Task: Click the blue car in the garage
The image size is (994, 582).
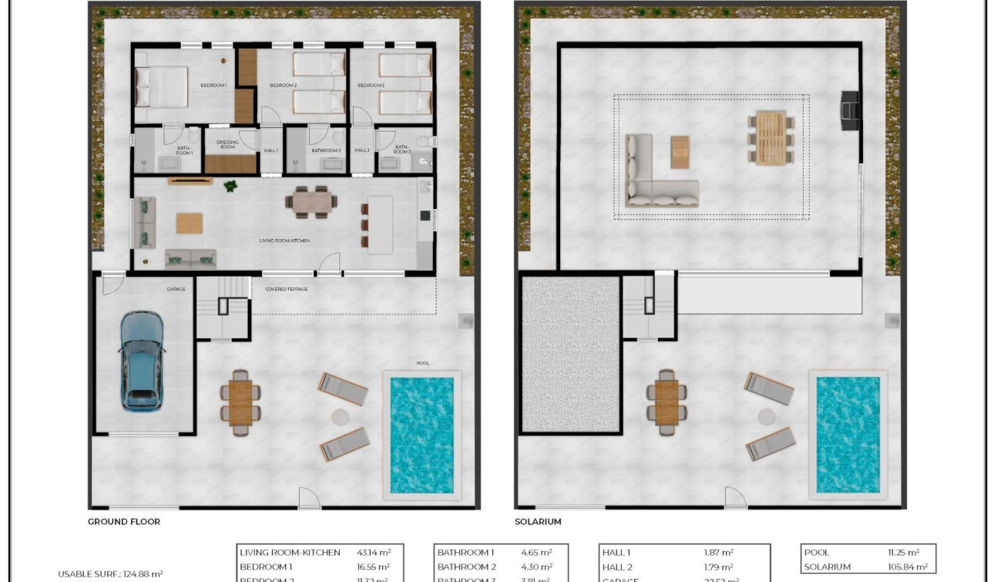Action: [x=142, y=360]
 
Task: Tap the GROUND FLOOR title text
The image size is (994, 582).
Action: [x=124, y=522]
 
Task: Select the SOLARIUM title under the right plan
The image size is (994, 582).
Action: [x=538, y=522]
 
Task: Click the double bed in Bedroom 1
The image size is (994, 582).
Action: [x=162, y=86]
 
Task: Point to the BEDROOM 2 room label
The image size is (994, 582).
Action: [x=283, y=85]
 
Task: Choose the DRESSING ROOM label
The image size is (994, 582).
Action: [x=228, y=144]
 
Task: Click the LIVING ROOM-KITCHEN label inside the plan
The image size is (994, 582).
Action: [x=284, y=241]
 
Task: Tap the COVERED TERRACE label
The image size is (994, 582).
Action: [x=286, y=289]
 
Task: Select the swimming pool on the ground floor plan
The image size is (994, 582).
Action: [x=421, y=435]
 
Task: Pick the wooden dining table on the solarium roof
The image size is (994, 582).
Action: [x=770, y=137]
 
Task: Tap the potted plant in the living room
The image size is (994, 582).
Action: [x=230, y=186]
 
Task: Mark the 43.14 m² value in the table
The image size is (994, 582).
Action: [x=374, y=553]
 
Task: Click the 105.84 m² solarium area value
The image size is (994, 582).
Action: [x=903, y=567]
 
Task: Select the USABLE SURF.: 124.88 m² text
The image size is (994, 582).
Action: [x=110, y=574]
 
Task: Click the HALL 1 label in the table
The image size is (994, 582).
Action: [x=616, y=553]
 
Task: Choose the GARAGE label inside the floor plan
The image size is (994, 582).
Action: [x=176, y=289]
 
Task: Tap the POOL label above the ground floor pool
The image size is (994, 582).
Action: [x=422, y=363]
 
